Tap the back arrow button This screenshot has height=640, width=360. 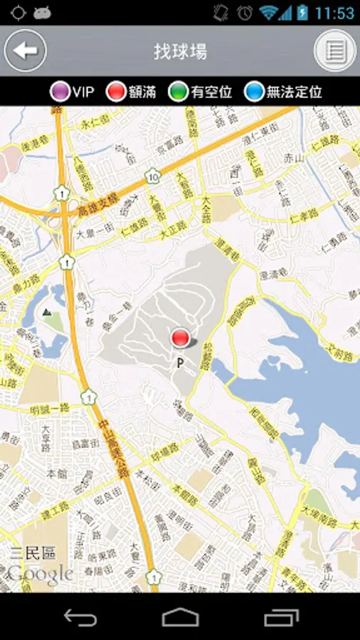[26, 50]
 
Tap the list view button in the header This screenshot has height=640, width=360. [335, 50]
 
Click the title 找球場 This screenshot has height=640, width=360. [180, 51]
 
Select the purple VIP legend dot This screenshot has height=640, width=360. [60, 92]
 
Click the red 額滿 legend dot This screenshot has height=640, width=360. [116, 92]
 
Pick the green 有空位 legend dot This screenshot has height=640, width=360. [179, 92]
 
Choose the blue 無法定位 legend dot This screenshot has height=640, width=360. [254, 92]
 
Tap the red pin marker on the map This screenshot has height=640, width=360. [181, 338]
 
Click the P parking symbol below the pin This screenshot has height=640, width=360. [181, 363]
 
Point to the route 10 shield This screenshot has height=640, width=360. [154, 175]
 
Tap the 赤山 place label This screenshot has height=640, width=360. [293, 157]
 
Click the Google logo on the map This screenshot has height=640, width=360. [41, 573]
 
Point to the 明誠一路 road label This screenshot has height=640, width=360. [49, 408]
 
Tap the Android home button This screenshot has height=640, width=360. [180, 617]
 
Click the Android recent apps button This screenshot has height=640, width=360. [280, 617]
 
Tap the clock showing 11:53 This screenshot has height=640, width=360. [334, 13]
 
